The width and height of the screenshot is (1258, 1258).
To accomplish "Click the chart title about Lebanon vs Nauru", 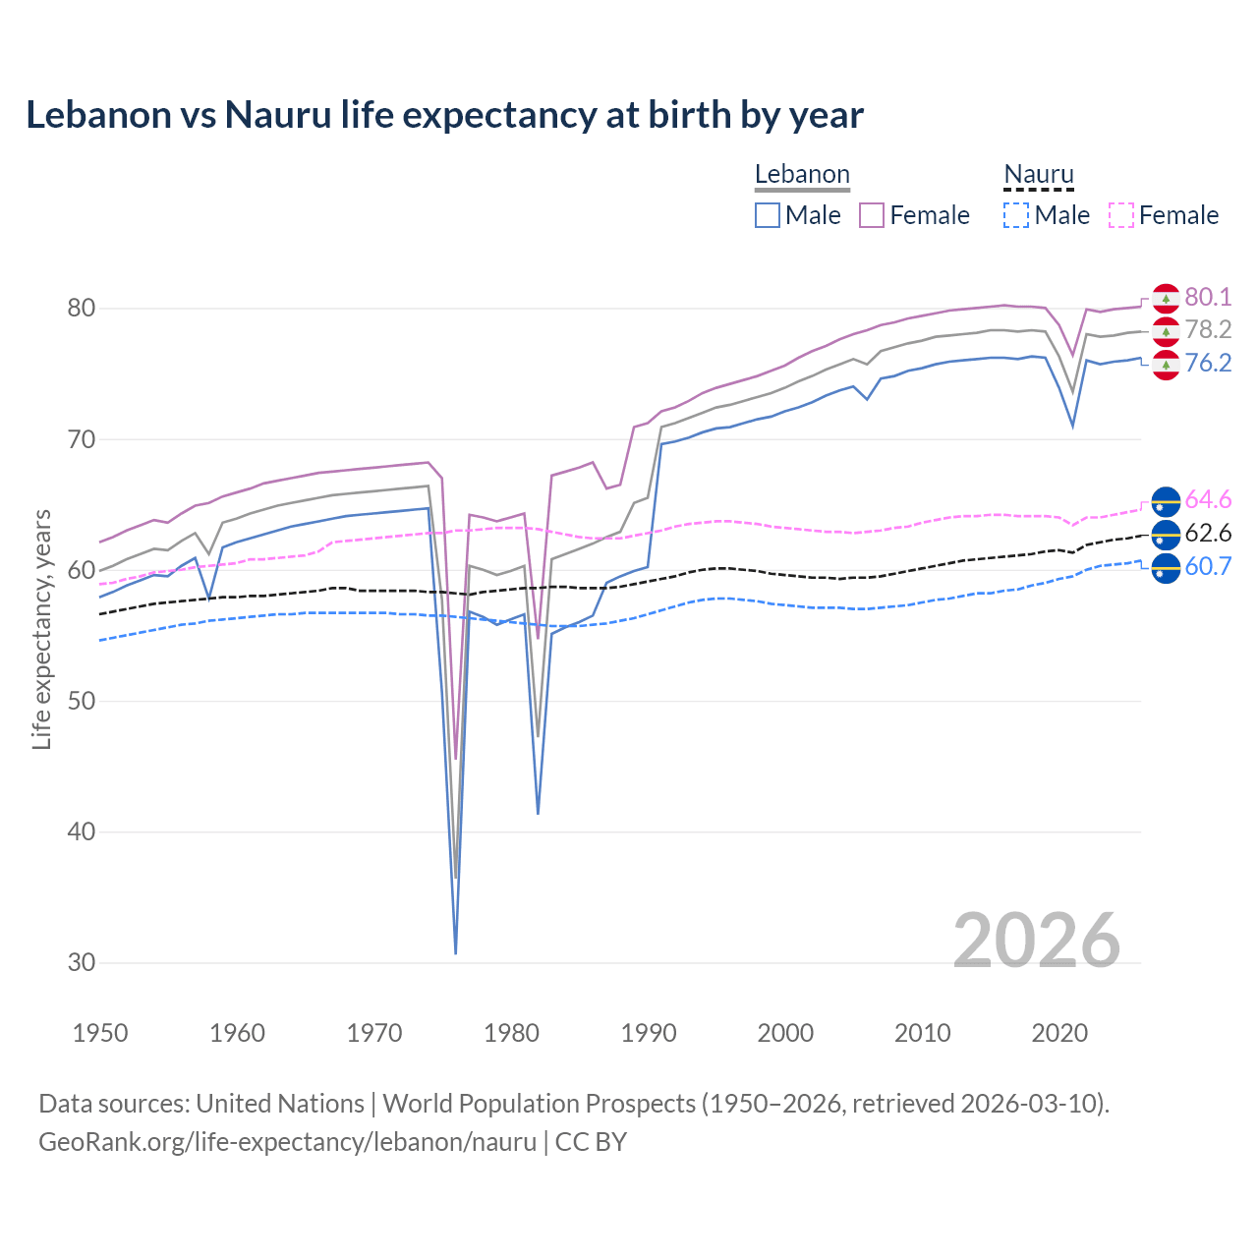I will coord(444,115).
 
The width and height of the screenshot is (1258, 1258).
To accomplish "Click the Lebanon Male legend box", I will coord(768,215).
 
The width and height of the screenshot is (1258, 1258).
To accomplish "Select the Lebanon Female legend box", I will coord(872,215).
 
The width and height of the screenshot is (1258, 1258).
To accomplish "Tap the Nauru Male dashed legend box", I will coord(1016,215).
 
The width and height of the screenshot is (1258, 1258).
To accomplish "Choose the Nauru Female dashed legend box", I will coord(1120,215).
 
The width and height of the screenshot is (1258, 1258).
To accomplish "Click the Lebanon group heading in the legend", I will coord(802,175).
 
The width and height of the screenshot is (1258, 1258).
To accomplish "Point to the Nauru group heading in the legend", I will coord(1039,175).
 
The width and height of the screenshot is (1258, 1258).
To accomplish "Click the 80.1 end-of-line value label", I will coord(1208,297).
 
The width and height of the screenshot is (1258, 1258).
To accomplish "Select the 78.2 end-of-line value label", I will coord(1208,329).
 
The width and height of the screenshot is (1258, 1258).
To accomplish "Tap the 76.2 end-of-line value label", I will coord(1208,363).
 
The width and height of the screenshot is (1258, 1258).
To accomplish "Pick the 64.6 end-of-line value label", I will coord(1208,499).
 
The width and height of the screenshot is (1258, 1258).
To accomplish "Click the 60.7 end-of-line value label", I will coord(1208,566).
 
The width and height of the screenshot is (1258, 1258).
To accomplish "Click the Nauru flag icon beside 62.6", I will coord(1166,535).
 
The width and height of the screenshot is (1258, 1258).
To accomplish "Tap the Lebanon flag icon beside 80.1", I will coord(1166,298).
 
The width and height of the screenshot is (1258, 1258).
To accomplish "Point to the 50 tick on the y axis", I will coord(82,701).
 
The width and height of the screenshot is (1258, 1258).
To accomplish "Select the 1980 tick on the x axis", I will coord(511,1033).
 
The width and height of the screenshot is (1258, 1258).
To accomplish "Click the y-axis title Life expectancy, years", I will coord(41,629).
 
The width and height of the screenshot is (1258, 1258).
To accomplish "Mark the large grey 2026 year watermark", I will coord(1036,941).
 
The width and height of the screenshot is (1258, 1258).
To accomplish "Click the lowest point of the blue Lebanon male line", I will coord(456,952).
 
